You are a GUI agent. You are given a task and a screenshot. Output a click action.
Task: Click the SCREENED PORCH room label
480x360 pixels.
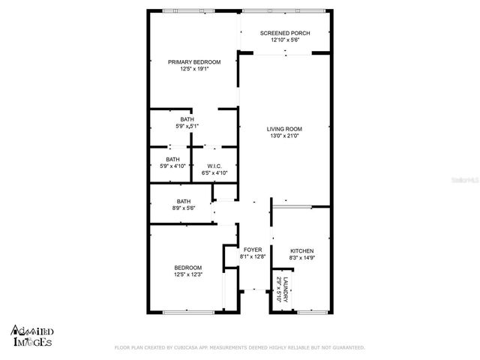click(284, 33)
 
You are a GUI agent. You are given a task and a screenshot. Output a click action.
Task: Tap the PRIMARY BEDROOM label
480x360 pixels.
click(193, 61)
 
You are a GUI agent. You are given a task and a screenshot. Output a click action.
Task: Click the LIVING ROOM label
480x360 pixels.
click(284, 128)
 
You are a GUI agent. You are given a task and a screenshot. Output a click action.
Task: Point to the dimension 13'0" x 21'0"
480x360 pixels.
click(284, 136)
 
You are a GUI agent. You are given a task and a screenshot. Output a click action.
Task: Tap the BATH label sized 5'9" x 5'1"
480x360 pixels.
click(186, 119)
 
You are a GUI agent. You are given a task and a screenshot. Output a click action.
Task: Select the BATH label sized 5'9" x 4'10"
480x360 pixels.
click(172, 159)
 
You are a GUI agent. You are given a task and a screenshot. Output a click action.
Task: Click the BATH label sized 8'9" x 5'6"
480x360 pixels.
click(184, 200)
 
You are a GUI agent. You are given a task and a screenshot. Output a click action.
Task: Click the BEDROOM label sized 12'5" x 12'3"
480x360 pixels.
click(188, 268)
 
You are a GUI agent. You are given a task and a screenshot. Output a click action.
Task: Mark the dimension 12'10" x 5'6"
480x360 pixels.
click(284, 41)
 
